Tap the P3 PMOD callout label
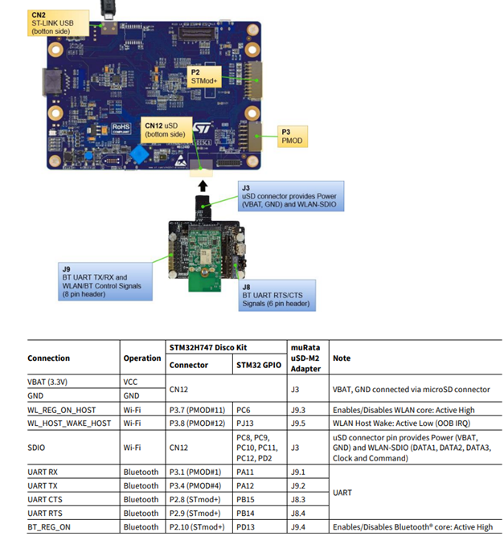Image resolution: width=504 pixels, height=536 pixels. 292,137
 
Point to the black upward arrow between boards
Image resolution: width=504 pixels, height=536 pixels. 203,185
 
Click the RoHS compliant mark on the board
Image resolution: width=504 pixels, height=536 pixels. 121,126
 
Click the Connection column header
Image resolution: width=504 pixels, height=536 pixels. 49,358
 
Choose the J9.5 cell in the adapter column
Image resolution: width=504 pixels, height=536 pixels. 298,423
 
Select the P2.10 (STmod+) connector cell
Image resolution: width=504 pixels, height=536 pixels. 195,526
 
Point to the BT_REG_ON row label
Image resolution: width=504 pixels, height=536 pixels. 50,526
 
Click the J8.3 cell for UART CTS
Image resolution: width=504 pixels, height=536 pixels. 298,499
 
